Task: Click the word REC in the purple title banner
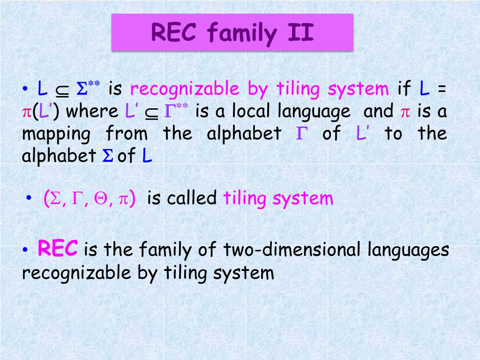173,32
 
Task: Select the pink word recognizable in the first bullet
185,90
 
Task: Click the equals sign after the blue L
442,89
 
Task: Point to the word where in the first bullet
92,111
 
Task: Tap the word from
127,134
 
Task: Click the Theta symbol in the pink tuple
100,199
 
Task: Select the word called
192,198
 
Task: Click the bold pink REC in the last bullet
58,248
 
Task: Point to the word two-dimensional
292,249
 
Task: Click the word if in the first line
404,88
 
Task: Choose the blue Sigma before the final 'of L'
108,156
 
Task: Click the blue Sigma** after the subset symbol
88,88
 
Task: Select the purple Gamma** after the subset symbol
176,111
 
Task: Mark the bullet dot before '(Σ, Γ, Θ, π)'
29,198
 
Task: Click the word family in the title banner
242,34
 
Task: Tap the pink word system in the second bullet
302,199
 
